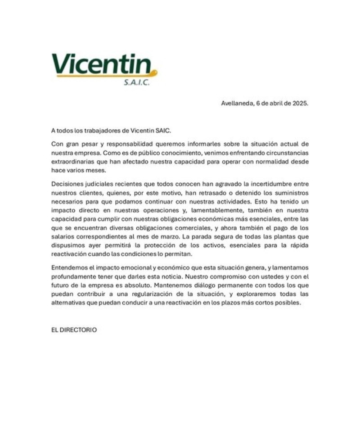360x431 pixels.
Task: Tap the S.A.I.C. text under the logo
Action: click(x=136, y=83)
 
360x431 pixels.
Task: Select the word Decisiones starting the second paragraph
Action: click(x=67, y=184)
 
